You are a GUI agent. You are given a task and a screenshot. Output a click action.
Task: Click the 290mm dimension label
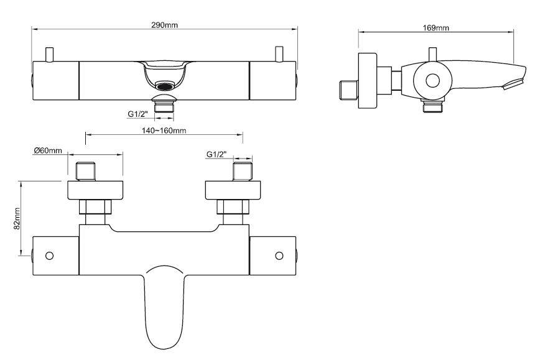(x=164, y=25)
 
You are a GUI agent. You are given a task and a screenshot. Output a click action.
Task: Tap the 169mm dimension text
(x=435, y=27)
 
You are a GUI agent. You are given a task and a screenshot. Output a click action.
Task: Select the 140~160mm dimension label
(x=164, y=130)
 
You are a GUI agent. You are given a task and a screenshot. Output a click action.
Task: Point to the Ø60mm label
(x=48, y=150)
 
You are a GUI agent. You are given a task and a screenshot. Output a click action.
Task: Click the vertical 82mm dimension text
(x=17, y=218)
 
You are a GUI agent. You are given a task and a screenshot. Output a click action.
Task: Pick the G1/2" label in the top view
(x=138, y=114)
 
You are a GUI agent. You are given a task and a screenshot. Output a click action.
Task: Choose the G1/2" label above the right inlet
(x=216, y=154)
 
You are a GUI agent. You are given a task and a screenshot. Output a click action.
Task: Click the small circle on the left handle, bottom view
(x=50, y=256)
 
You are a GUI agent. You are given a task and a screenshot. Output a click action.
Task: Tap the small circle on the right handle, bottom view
(x=279, y=256)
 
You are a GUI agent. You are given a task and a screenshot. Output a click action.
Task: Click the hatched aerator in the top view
(x=164, y=86)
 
